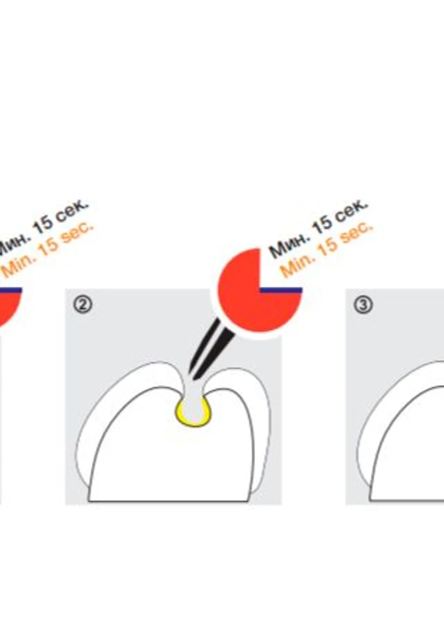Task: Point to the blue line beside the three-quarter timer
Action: click(x=281, y=290)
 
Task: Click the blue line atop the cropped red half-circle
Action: click(x=11, y=290)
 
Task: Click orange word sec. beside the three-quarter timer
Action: click(x=357, y=230)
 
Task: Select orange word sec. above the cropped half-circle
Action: click(x=78, y=230)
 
